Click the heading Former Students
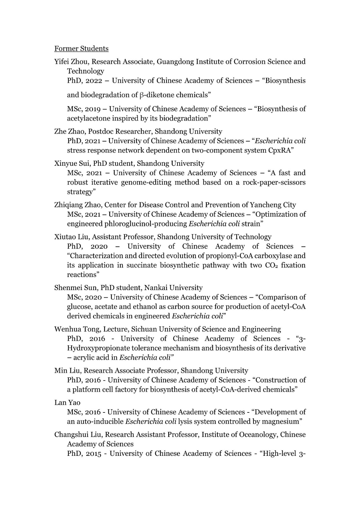click(81, 48)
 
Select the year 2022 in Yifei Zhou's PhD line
click(94, 81)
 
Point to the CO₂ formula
click(271, 265)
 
